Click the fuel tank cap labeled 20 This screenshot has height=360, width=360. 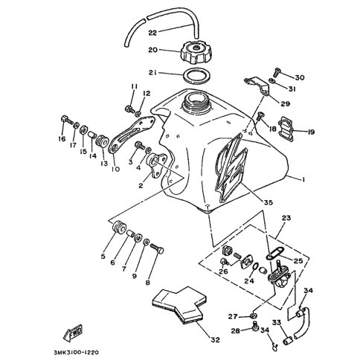196,52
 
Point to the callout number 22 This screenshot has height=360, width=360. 152,33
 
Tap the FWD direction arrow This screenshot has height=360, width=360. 73,332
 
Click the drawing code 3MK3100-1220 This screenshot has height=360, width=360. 76,352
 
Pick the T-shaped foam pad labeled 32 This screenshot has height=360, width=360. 179,305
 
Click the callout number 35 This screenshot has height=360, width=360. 268,202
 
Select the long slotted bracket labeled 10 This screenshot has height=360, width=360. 132,134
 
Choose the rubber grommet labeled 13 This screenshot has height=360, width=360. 102,141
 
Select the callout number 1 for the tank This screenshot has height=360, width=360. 303,179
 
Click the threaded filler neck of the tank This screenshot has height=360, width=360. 196,101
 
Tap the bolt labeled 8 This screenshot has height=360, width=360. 157,248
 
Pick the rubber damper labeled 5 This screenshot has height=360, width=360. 119,227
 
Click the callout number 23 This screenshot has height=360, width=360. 286,218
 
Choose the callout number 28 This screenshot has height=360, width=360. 236,331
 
